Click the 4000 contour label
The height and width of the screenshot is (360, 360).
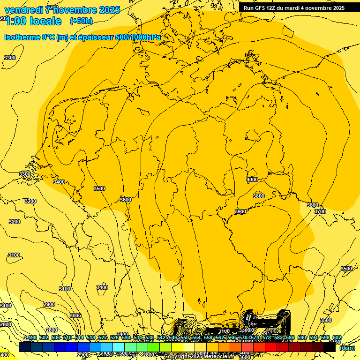click(252, 180)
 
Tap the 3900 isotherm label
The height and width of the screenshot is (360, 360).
click(240, 212)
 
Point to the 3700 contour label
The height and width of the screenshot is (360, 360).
click(320, 212)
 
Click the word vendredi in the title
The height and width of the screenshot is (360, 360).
click(23, 10)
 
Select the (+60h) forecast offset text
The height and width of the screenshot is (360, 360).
click(81, 21)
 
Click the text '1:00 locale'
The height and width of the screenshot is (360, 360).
click(33, 21)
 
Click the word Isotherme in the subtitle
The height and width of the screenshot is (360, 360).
click(23, 37)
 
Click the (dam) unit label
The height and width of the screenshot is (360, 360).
click(347, 348)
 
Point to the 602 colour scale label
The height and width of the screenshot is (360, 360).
click(337, 338)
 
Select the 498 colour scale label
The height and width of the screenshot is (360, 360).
click(32, 338)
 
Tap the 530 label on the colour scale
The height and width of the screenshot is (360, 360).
click(126, 338)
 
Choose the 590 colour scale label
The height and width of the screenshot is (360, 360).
click(302, 338)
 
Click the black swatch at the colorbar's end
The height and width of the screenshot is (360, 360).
click(330, 347)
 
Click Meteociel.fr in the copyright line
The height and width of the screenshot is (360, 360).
click(218, 357)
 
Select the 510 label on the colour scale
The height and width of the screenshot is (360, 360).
click(67, 338)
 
